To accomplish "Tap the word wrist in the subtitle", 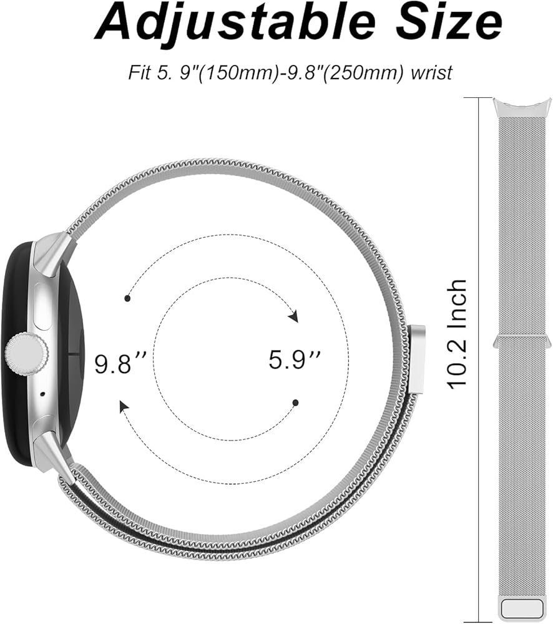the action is (432, 72).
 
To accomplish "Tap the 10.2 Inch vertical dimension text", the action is (457, 334).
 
